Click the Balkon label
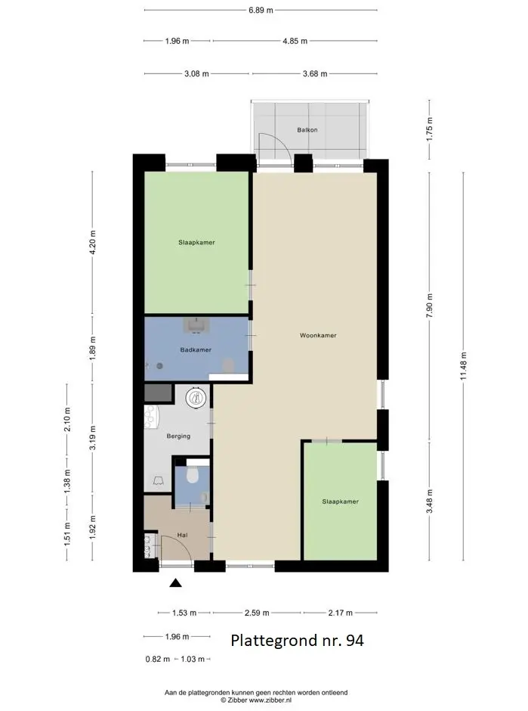pos(307,129)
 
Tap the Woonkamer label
pos(318,336)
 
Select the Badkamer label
pos(196,349)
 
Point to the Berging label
pos(178,436)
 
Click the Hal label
pos(183,535)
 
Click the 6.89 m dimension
pos(261,10)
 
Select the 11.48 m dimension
pos(463,366)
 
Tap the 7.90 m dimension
pos(429,306)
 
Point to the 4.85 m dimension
pos(295,41)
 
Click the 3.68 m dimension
pos(315,73)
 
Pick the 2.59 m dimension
pos(257,613)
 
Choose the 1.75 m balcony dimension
pos(429,129)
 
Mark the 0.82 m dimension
pos(158,660)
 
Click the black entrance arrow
pos(176,583)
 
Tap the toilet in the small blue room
pos(193,475)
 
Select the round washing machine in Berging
pos(196,398)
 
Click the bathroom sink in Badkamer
pos(196,325)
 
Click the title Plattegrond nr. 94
pos(297,640)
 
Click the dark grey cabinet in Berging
pos(159,393)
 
